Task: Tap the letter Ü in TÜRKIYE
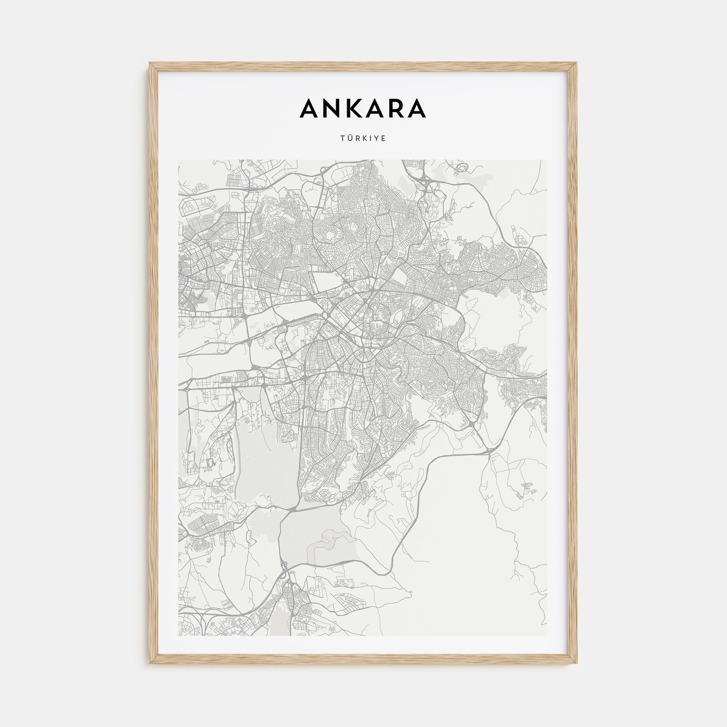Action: pos(350,138)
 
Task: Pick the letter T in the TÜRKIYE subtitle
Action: pos(342,138)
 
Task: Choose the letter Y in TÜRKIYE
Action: pos(376,138)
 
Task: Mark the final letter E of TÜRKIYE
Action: pos(384,138)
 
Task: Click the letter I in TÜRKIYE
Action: pos(370,138)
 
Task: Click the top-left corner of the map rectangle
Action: pos(178,160)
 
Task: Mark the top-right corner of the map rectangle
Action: pos(548,160)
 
